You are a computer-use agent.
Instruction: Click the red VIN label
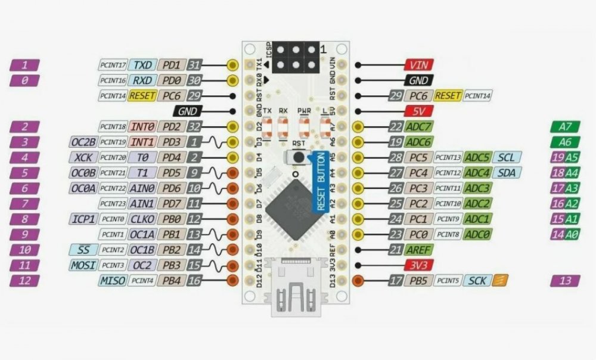tap(419, 66)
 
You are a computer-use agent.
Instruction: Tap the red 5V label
tap(419, 111)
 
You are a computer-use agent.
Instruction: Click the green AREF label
tap(420, 250)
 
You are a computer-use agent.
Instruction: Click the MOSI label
tap(82, 265)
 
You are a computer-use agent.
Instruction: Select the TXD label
tap(142, 65)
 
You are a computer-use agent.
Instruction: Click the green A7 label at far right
tap(566, 126)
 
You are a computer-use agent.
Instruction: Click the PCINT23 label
tap(113, 203)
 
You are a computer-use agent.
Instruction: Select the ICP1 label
tap(82, 219)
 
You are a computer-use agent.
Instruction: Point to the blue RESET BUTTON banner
tap(320, 182)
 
